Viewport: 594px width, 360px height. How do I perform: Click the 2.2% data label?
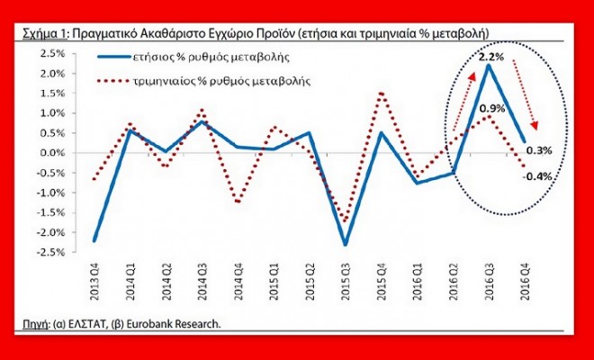[491, 58]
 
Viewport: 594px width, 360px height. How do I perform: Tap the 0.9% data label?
[492, 109]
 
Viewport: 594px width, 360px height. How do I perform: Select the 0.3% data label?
[539, 151]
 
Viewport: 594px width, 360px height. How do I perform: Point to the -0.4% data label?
[537, 176]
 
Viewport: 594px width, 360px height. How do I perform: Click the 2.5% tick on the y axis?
[52, 53]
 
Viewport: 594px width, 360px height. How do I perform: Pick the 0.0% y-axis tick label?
[52, 153]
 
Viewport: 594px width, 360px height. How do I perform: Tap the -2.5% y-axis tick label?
[50, 252]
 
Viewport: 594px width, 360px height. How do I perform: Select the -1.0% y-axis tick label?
[50, 193]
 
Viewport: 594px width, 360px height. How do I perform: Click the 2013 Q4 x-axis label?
[94, 283]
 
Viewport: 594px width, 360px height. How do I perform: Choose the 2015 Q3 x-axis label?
[346, 283]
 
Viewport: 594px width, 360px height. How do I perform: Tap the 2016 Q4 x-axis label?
[525, 283]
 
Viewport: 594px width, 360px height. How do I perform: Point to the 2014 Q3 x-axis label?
[202, 283]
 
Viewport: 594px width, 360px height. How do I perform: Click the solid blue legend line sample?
[114, 57]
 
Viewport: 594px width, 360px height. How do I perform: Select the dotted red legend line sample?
[113, 81]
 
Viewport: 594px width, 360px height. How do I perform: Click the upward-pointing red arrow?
[463, 102]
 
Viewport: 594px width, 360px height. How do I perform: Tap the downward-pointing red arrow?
[526, 94]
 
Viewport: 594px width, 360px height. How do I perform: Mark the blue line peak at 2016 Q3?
[489, 66]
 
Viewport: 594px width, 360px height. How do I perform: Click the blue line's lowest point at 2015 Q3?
[345, 244]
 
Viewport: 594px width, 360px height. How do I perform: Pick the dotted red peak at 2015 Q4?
[382, 94]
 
